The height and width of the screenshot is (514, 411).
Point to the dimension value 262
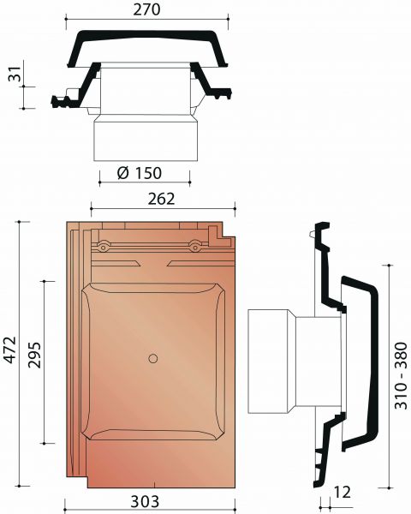(161, 199)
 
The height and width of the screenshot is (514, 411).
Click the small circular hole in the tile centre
(152, 357)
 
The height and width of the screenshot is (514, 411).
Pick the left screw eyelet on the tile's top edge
(103, 248)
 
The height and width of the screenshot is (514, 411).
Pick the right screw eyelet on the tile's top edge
(196, 248)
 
